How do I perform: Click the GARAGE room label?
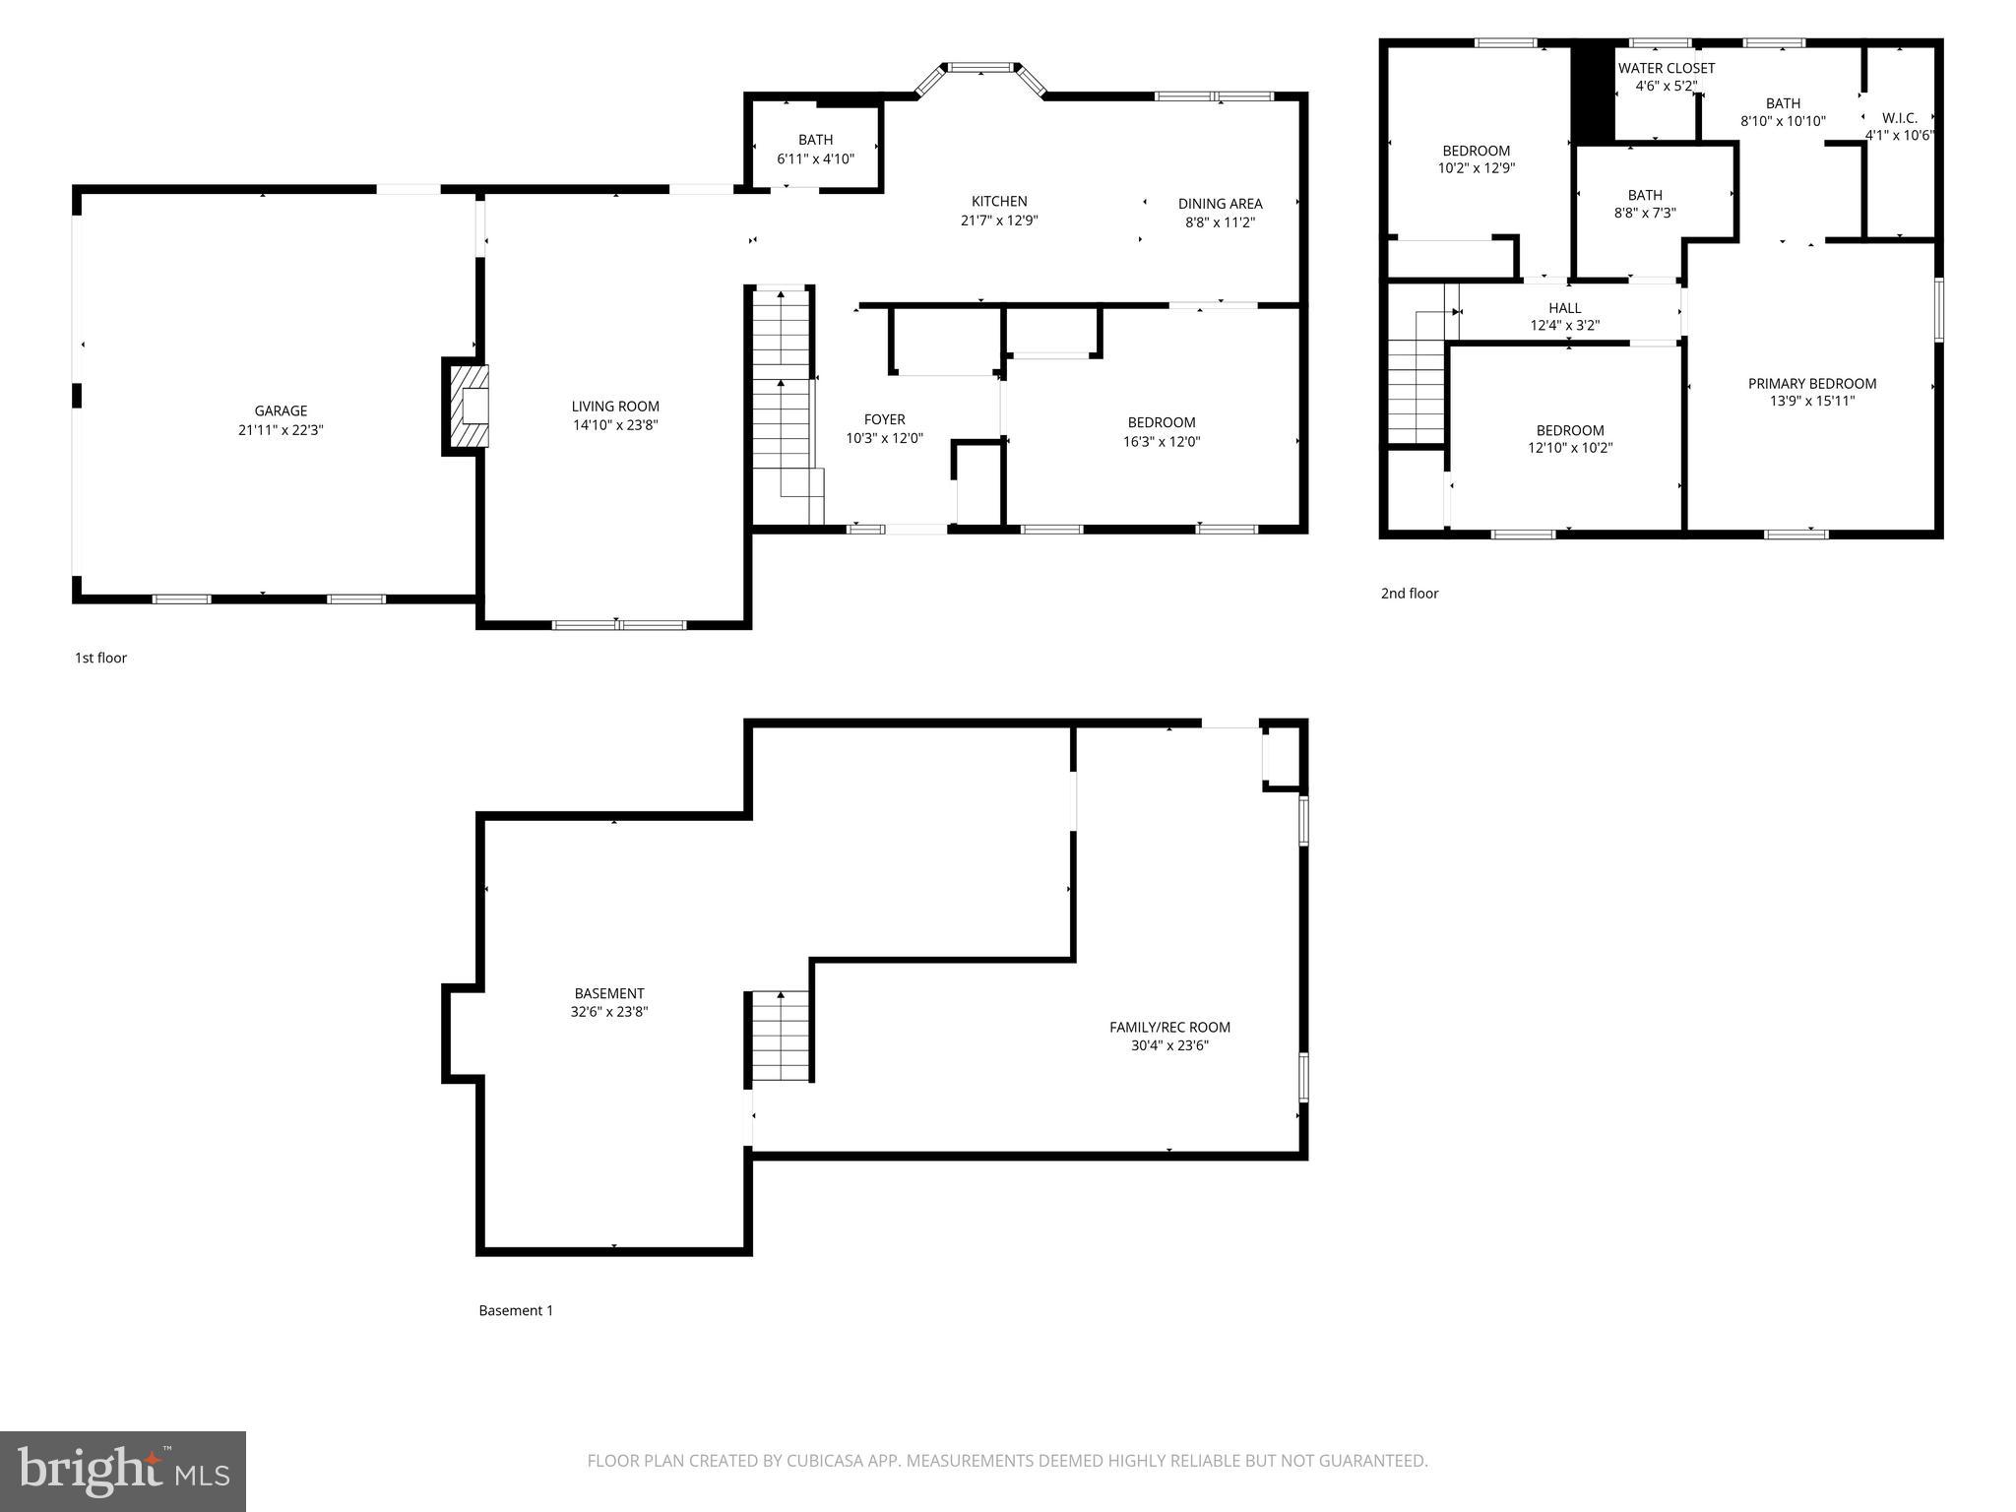point(281,411)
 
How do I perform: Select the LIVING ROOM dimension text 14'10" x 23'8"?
point(615,425)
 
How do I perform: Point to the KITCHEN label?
point(999,202)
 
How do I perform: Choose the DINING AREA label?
point(1220,204)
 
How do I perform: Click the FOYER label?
point(884,419)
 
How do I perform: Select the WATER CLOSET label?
point(1667,68)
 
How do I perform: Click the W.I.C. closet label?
point(1899,118)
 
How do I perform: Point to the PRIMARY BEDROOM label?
point(1812,384)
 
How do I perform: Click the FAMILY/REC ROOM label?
point(1169,1027)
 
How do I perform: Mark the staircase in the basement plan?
point(781,1037)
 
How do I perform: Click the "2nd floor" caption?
point(1410,594)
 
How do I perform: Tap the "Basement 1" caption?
point(516,1310)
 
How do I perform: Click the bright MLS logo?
point(123,1472)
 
